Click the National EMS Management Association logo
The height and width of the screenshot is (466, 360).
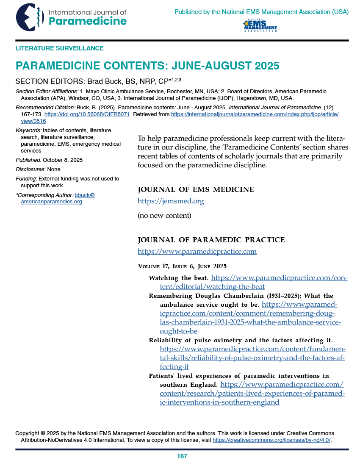click(260, 26)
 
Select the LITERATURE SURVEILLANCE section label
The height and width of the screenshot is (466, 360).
click(59, 48)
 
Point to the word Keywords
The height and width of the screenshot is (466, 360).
click(28, 130)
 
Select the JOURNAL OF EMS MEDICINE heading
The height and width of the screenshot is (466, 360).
click(196, 189)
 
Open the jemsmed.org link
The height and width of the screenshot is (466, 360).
click(171, 201)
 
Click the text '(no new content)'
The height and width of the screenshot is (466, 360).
click(164, 216)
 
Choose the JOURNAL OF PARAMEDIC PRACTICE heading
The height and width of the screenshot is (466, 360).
click(211, 240)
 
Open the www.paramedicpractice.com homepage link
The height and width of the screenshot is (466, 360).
click(197, 252)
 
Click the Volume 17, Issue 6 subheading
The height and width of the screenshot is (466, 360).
click(182, 266)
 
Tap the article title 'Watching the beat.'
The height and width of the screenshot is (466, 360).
click(178, 278)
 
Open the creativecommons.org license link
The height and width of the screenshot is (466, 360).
click(271, 440)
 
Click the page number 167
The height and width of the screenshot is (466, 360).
click(182, 456)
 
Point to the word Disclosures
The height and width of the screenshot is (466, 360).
click(29, 169)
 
